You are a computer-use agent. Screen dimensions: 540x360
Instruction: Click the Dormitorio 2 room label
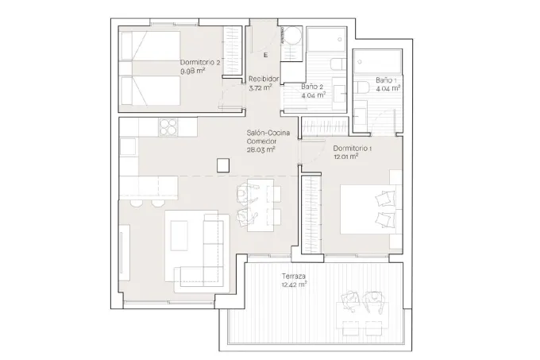pos(200,63)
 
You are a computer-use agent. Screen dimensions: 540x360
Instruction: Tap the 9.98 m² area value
pos(193,71)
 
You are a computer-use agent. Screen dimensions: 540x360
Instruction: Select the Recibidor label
pos(264,79)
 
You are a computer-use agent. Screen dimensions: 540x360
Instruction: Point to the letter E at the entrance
pos(266,55)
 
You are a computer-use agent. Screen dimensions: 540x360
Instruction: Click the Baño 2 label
pos(312,87)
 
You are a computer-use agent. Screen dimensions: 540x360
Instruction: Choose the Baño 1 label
pos(386,80)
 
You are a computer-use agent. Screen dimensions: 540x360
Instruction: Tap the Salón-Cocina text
pos(268,133)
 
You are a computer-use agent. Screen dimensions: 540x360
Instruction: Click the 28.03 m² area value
pos(260,149)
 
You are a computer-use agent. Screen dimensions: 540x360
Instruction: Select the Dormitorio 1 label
pos(353,149)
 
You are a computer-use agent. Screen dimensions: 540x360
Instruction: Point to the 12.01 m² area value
pos(346,157)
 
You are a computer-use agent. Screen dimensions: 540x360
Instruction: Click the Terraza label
pos(293,277)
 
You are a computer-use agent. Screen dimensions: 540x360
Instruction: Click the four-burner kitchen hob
pos(168,127)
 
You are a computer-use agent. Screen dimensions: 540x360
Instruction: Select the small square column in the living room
pos(223,165)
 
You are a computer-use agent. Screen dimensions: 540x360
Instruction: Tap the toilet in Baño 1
pos(363,87)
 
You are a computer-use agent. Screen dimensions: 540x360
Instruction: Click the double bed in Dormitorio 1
pos(372,210)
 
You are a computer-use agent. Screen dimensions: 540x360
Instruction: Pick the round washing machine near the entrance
pos(293,36)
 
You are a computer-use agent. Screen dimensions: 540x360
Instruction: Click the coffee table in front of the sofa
pos(179,236)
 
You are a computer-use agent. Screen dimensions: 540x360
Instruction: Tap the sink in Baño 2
pos(339,94)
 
